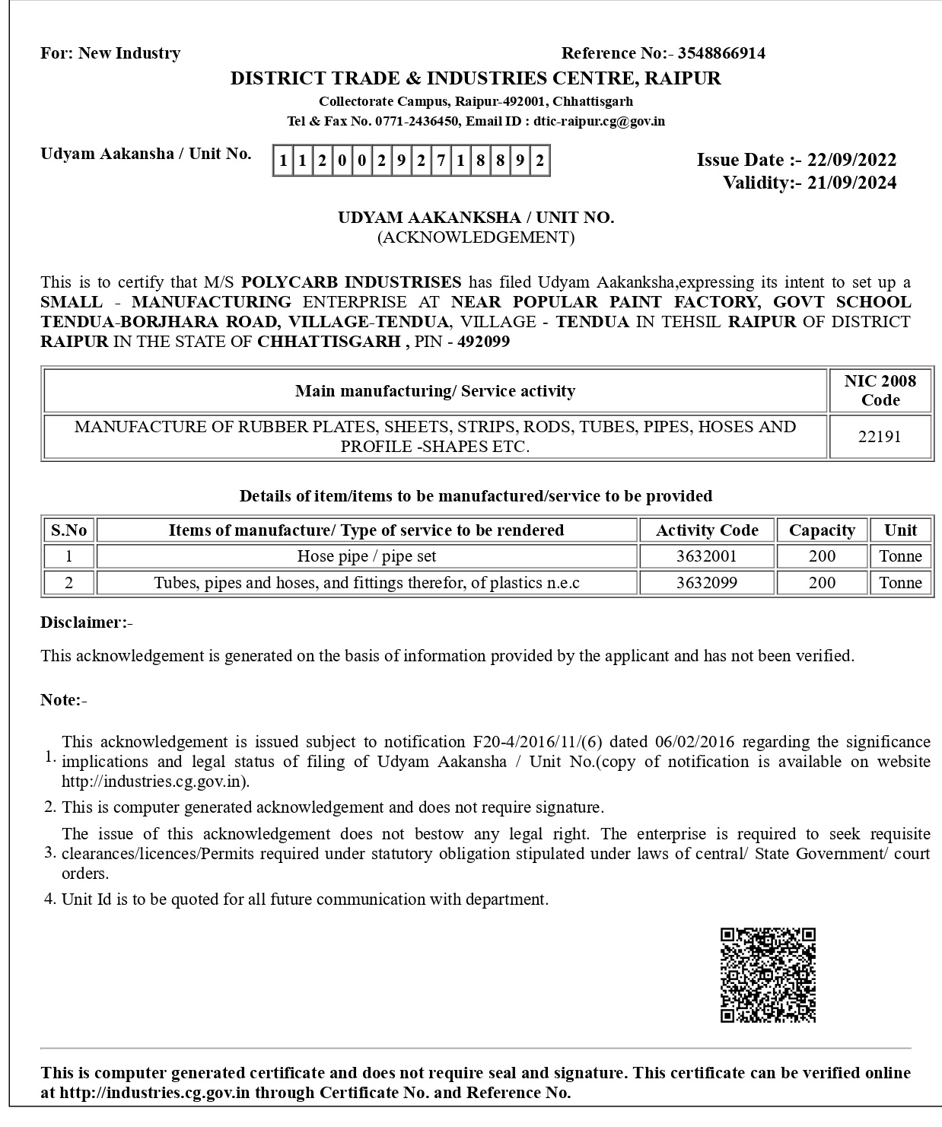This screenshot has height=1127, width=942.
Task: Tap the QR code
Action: pyautogui.click(x=768, y=975)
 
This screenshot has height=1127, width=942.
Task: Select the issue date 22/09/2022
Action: pyautogui.click(x=851, y=160)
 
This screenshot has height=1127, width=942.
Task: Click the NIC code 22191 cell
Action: pyautogui.click(x=880, y=437)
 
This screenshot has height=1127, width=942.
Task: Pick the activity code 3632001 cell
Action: pyautogui.click(x=706, y=556)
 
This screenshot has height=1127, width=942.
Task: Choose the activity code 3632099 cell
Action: pyautogui.click(x=706, y=583)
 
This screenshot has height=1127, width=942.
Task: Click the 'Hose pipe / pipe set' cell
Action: pyautogui.click(x=366, y=556)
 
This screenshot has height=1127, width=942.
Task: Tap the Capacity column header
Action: pyautogui.click(x=822, y=530)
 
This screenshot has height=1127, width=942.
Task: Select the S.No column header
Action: pyautogui.click(x=68, y=530)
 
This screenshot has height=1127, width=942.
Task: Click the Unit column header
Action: pyautogui.click(x=900, y=530)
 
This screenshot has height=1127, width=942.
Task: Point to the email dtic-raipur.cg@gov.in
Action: pyautogui.click(x=599, y=121)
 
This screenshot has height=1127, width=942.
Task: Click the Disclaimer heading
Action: pyautogui.click(x=86, y=622)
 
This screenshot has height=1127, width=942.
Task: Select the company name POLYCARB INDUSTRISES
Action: pyautogui.click(x=351, y=282)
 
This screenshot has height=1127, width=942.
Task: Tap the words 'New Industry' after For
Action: pyautogui.click(x=129, y=53)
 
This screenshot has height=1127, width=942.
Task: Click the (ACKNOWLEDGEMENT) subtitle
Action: pyautogui.click(x=476, y=237)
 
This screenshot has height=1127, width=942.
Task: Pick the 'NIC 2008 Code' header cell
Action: pyautogui.click(x=880, y=390)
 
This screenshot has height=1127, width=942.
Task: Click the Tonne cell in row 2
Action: pyautogui.click(x=900, y=583)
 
